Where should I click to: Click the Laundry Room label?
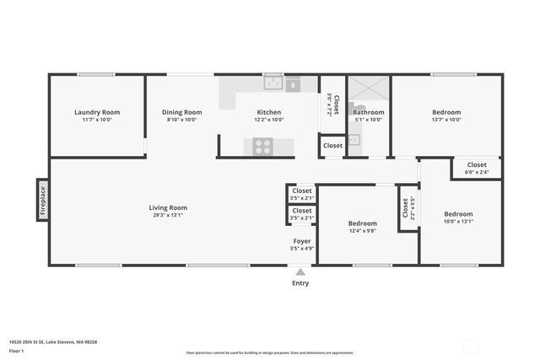[x=97, y=112]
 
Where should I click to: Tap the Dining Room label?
[x=181, y=112]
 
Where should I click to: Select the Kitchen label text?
[x=269, y=112]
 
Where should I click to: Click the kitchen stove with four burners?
[x=262, y=146]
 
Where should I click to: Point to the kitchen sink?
[x=273, y=83]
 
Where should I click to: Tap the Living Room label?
[x=168, y=207]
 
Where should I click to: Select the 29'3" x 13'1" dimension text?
[x=168, y=215]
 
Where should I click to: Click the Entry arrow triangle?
[x=300, y=271]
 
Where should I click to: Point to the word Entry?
[x=300, y=283]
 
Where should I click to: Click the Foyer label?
[x=301, y=241]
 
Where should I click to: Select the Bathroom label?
[x=368, y=112]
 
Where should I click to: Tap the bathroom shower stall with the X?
[x=367, y=89]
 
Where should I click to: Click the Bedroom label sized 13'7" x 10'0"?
[x=446, y=112]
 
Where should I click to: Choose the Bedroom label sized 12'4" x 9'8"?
[x=362, y=223]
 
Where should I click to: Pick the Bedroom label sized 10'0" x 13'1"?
[x=458, y=214]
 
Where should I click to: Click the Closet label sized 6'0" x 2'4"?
[x=477, y=164]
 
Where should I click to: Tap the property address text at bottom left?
[x=53, y=341]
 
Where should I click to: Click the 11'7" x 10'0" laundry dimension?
[x=97, y=120]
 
